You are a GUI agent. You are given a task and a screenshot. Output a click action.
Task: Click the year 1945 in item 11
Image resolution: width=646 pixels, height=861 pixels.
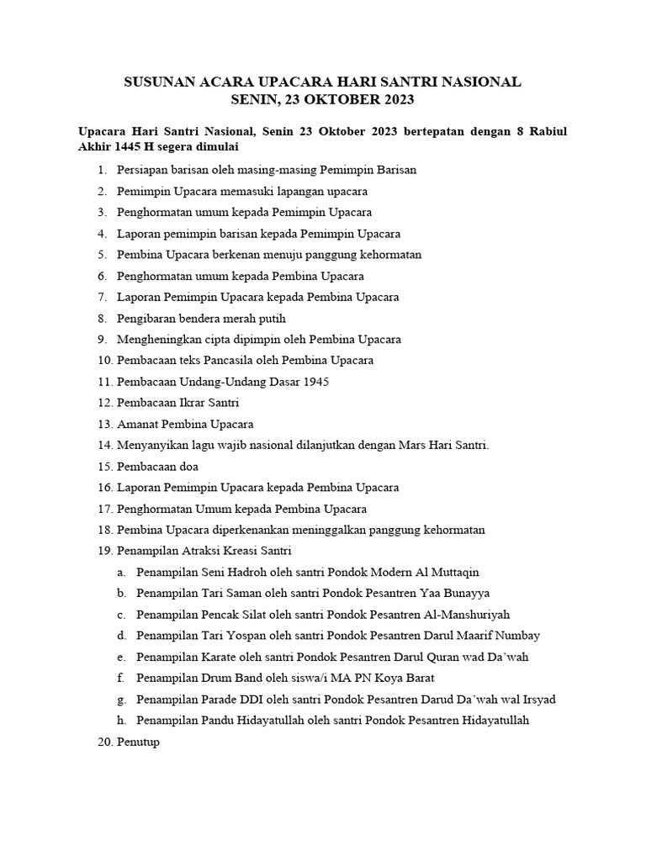point(315,382)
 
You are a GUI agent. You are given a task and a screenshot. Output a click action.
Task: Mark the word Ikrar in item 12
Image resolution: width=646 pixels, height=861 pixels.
point(190,403)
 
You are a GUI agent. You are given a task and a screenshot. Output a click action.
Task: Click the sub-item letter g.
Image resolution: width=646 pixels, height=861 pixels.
point(123,700)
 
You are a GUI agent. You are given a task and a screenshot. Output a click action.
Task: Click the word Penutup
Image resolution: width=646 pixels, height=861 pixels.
point(138,742)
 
